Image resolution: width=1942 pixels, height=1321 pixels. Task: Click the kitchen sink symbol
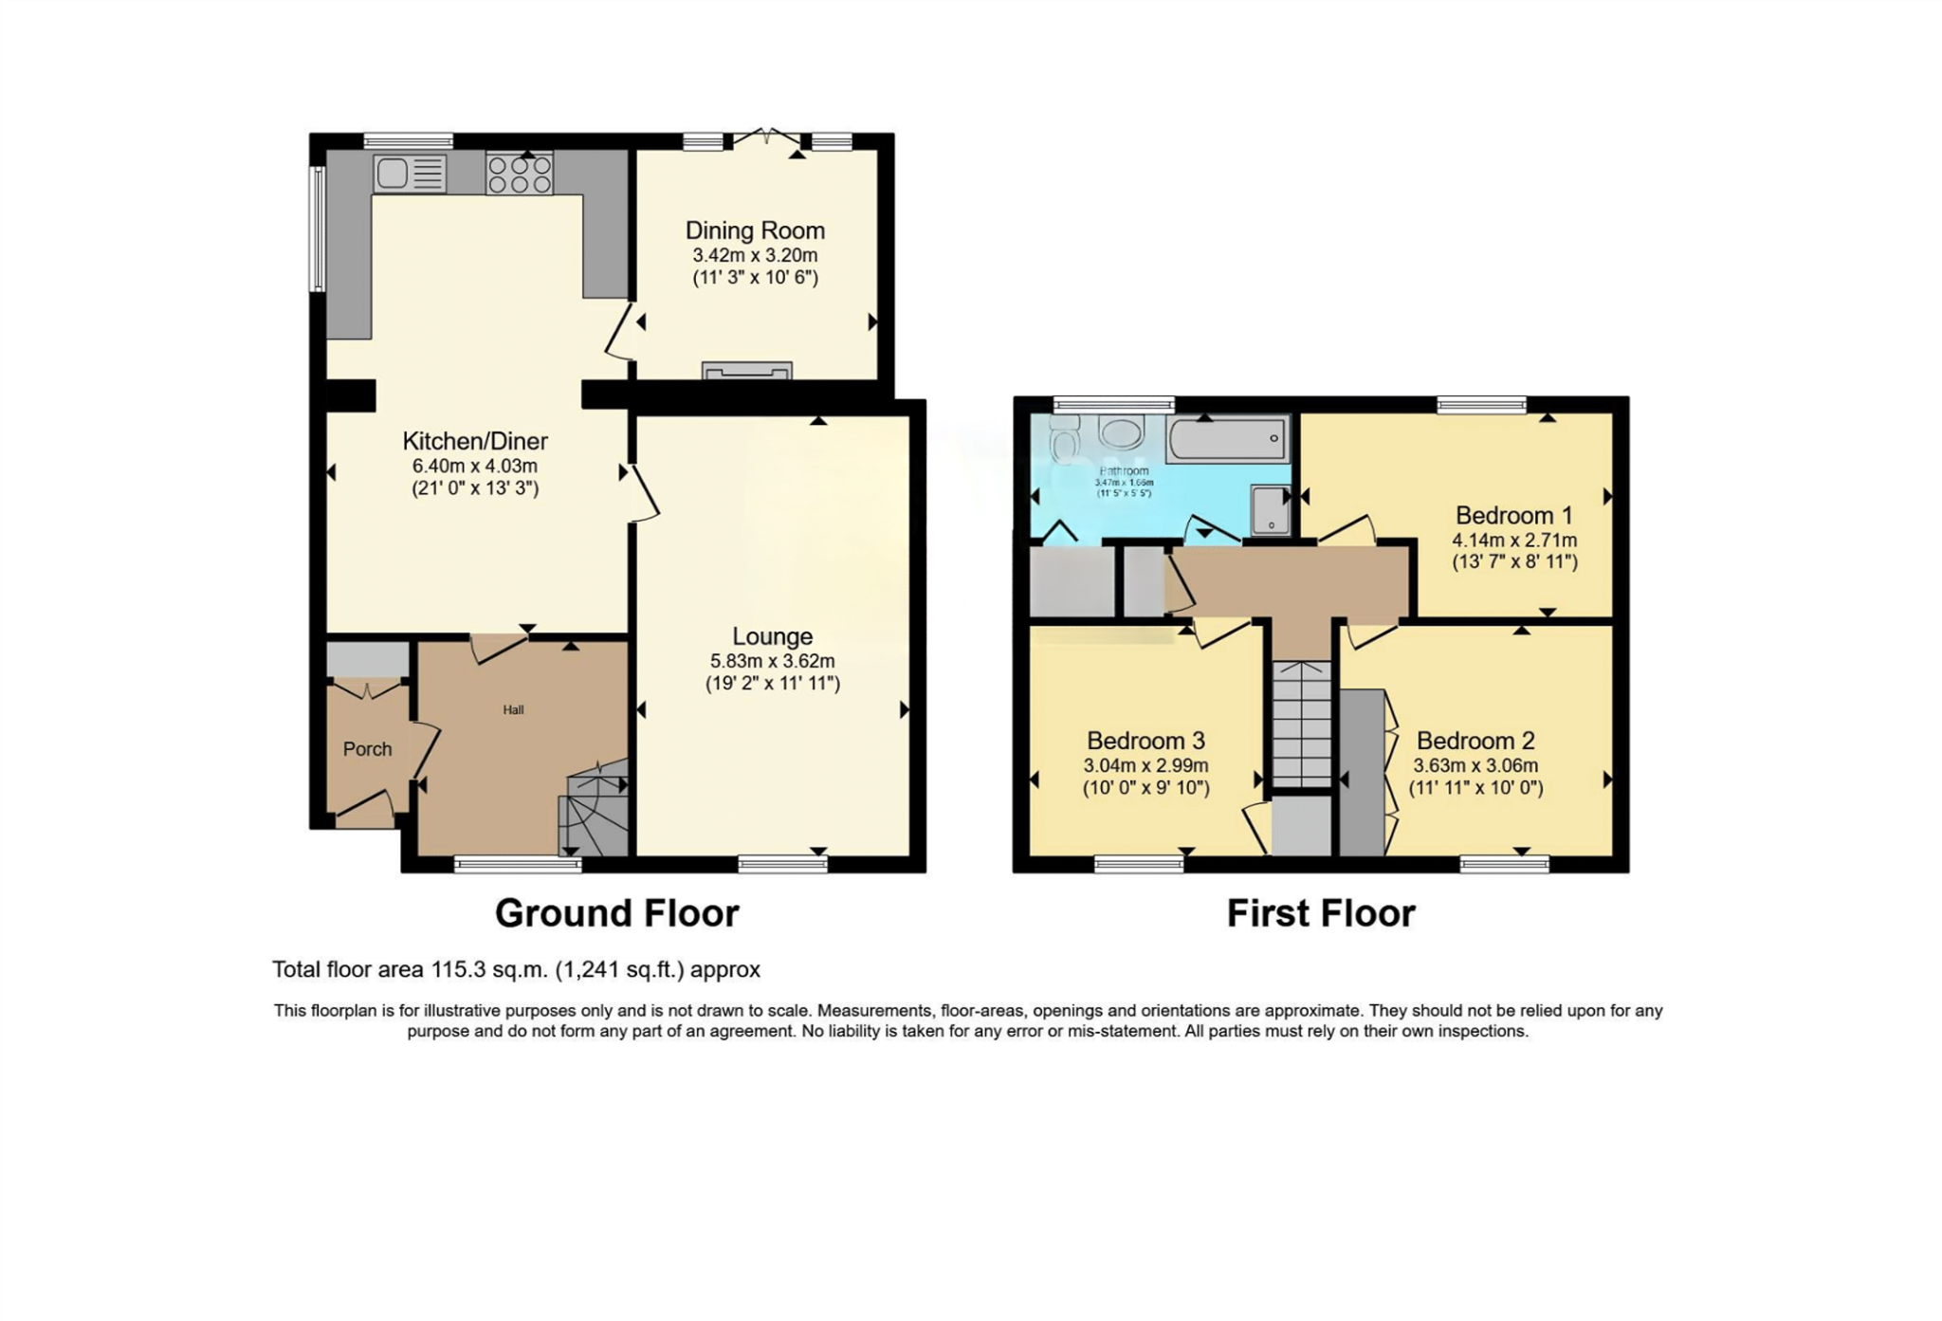point(410,174)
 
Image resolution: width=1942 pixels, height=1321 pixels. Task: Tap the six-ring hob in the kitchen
point(519,174)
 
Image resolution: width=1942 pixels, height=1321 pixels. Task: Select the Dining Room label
point(755,230)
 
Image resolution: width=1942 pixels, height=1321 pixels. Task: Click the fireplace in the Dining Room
point(746,371)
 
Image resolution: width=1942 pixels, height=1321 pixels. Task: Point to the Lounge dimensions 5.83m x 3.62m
point(772,661)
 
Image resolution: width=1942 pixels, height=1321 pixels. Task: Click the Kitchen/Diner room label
point(475,441)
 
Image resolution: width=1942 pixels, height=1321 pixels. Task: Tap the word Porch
point(367,749)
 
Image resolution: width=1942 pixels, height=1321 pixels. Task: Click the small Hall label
point(513,709)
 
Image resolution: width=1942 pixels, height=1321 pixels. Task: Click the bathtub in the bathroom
point(1226,439)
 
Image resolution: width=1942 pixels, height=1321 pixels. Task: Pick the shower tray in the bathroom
point(1270,510)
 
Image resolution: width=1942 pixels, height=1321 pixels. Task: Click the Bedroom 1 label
point(1513,515)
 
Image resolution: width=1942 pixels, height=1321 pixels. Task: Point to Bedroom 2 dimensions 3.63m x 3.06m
point(1475,765)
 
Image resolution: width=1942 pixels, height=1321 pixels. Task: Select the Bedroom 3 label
point(1145,741)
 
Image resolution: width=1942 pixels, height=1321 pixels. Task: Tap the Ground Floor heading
point(616,913)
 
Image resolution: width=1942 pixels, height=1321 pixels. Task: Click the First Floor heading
point(1320,913)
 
